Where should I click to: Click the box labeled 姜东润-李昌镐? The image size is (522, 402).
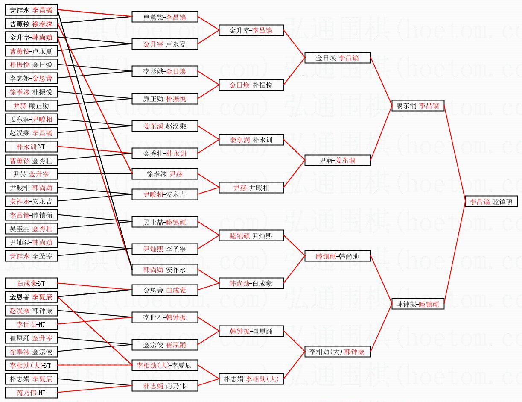pos(418,106)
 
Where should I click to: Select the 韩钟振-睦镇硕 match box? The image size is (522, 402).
pos(418,304)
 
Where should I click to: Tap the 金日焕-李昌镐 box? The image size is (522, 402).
pos(338,58)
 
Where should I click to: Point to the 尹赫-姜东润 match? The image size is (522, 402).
pos(338,160)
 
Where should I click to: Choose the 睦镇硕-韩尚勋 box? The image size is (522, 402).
pos(338,256)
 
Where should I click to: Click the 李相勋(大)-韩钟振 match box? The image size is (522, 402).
pos(338,352)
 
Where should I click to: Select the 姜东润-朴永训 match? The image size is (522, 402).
pos(251,140)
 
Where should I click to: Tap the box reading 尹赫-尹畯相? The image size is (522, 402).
pos(251,188)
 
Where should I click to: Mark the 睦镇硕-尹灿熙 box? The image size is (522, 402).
pos(251,235)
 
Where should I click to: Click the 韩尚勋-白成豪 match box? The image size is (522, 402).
pos(251,283)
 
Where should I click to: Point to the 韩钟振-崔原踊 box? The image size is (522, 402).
pos(251,331)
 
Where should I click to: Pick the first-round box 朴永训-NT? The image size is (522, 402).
pos(31,147)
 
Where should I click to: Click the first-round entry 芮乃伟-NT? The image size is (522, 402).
pos(31,393)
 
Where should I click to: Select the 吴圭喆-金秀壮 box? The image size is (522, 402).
pos(31,229)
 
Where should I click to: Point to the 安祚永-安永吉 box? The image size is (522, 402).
pos(31,201)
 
